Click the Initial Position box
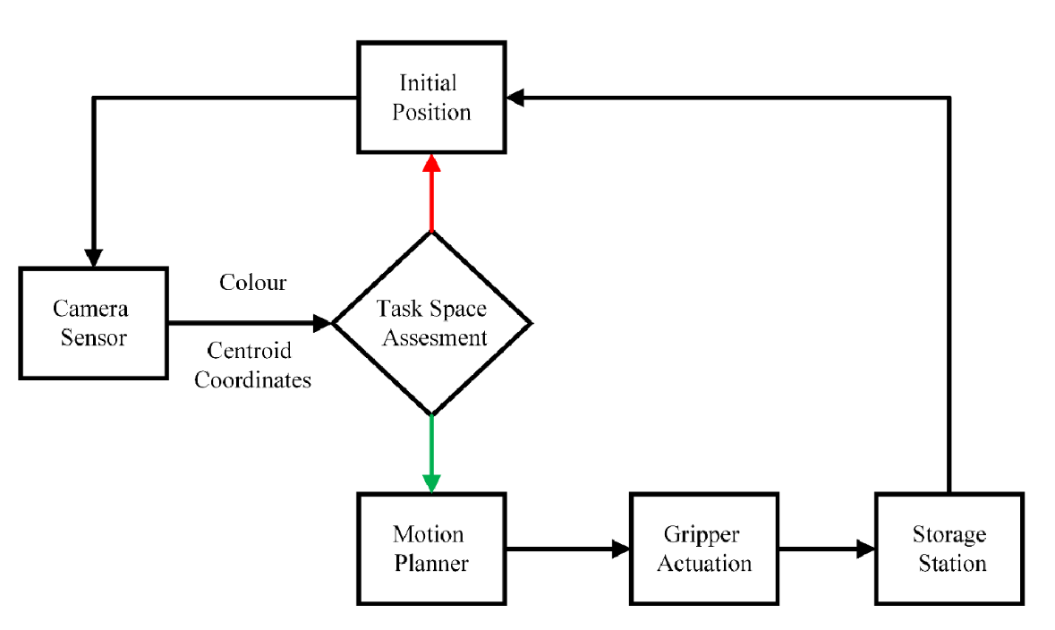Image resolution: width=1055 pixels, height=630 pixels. (x=431, y=98)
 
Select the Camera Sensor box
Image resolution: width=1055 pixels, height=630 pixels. (x=92, y=322)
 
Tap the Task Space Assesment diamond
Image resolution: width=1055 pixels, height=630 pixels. (x=431, y=323)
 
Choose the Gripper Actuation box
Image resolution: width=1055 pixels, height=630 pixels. (x=703, y=549)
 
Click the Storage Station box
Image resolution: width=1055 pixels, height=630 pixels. (x=949, y=549)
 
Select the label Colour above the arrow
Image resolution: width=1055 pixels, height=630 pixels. (x=253, y=283)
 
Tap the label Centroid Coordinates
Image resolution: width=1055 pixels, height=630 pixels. (x=253, y=365)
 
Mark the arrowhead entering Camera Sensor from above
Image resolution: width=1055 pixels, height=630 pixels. (x=92, y=257)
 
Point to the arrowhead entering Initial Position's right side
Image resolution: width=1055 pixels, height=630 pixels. (x=514, y=98)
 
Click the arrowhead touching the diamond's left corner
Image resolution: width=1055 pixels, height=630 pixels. (x=322, y=322)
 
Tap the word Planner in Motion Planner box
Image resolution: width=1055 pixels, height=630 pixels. (x=431, y=564)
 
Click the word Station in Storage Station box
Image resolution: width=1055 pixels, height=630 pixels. (x=949, y=564)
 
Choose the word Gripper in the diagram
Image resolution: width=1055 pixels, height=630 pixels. (x=702, y=534)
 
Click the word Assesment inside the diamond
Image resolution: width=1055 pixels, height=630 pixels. (x=431, y=338)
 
